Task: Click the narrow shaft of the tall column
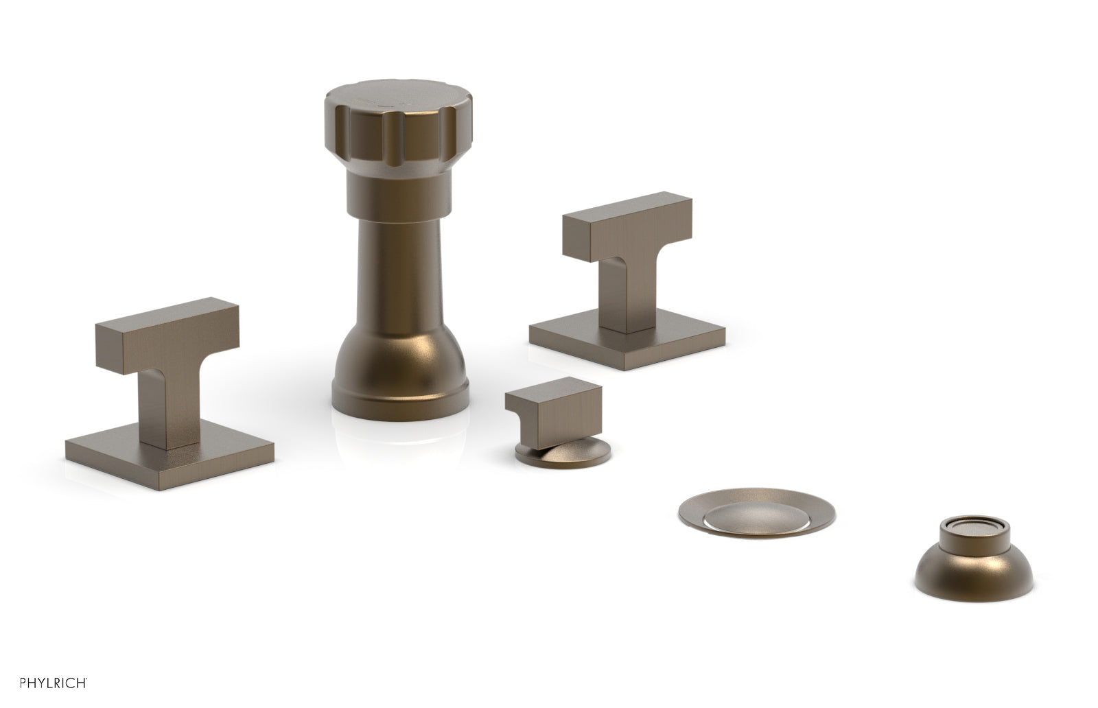coord(399,274)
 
